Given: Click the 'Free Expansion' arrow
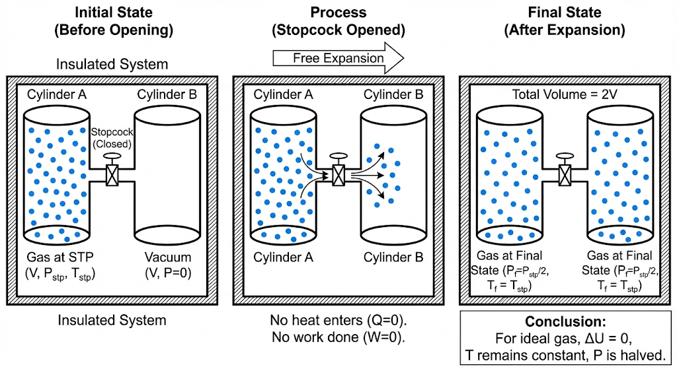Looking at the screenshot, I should click(x=338, y=58).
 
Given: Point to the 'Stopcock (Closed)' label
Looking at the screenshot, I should click(x=112, y=137).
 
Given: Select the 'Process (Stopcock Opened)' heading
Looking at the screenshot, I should click(x=339, y=20).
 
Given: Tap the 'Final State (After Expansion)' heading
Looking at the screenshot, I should click(x=565, y=20).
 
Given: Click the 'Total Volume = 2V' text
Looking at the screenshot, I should click(x=565, y=94).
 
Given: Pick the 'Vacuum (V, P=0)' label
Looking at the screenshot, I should click(x=167, y=264).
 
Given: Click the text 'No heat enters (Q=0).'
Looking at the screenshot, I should click(x=338, y=321).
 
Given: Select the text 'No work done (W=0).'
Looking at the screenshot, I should click(x=338, y=337).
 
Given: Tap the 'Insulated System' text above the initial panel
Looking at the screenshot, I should click(x=112, y=64).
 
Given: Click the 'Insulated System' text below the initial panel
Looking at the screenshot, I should click(x=112, y=321).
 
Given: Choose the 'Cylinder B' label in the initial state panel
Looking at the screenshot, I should click(x=167, y=94).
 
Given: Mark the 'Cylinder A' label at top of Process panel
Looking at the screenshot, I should click(x=283, y=94).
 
